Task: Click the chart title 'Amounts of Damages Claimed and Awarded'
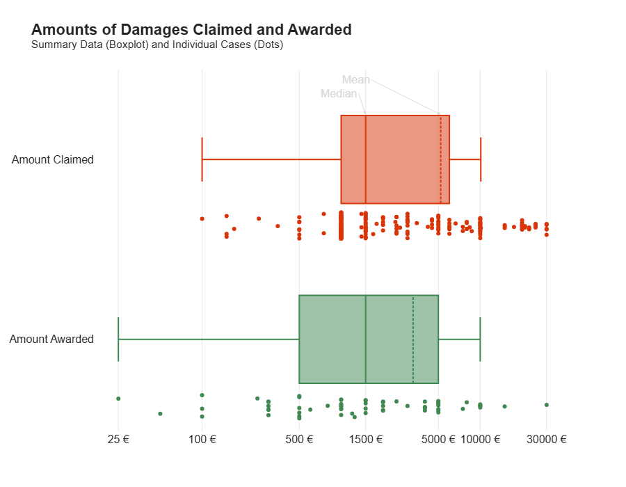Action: tap(191, 30)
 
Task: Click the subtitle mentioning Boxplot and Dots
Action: tap(157, 45)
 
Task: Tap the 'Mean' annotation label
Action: tap(356, 80)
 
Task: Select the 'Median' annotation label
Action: tap(339, 94)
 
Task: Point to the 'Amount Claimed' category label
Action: tap(53, 159)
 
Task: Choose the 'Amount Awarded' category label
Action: tap(51, 340)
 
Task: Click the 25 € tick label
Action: tap(118, 440)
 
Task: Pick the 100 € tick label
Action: tap(202, 440)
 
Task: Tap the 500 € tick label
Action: tap(299, 440)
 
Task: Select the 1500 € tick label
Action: tap(366, 440)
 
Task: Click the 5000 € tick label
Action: tap(438, 440)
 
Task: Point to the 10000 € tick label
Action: tap(481, 440)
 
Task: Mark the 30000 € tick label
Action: tap(547, 440)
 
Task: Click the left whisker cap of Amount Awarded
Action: tap(118, 340)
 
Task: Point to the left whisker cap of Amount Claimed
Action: tap(202, 159)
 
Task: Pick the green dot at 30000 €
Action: tap(547, 404)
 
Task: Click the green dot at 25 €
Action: tap(118, 399)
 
